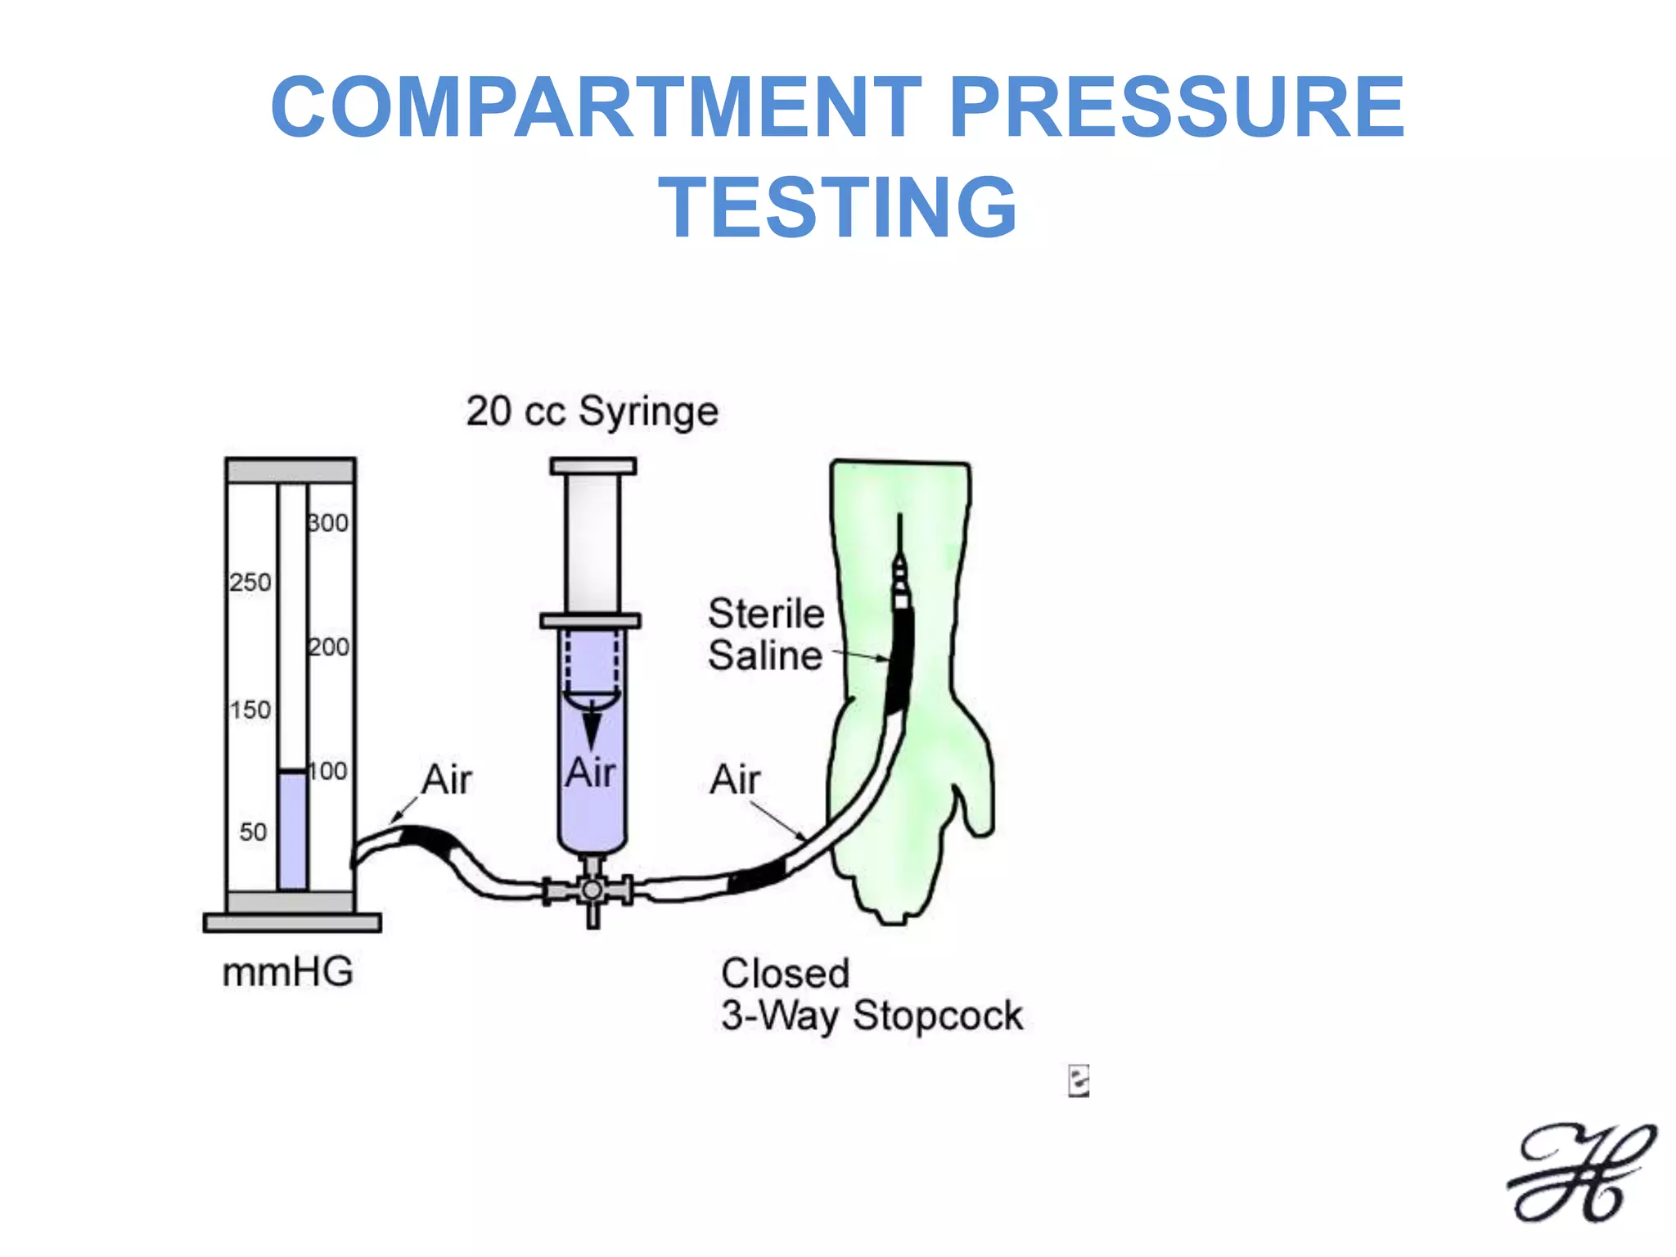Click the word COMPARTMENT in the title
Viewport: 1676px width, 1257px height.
(x=596, y=107)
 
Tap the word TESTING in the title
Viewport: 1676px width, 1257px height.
(x=838, y=208)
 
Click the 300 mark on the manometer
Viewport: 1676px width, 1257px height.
(x=329, y=523)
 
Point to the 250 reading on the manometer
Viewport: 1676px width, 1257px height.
(x=250, y=583)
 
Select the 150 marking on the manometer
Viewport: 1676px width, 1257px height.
(x=250, y=710)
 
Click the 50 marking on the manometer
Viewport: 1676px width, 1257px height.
(x=253, y=832)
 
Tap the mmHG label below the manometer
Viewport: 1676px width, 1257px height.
(x=288, y=972)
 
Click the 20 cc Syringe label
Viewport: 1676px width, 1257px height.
(x=592, y=412)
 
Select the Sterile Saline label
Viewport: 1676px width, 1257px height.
(x=766, y=635)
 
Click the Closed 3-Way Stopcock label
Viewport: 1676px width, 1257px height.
(x=871, y=995)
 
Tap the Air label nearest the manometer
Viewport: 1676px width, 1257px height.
(x=447, y=779)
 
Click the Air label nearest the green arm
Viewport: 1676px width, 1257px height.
(x=735, y=779)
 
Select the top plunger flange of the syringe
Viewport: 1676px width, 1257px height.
(x=593, y=466)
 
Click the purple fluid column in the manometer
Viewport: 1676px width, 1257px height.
(x=292, y=831)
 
